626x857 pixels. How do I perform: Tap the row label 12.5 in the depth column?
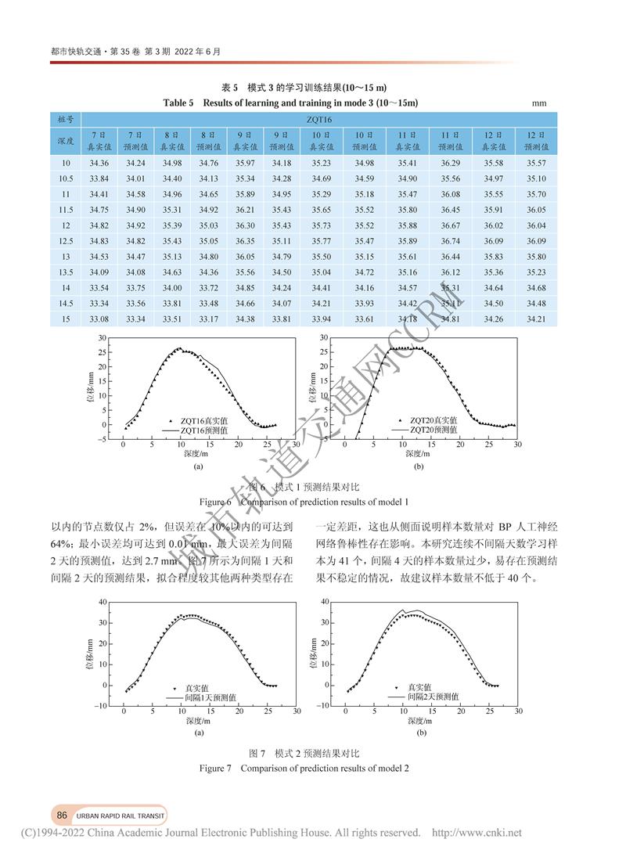(66, 241)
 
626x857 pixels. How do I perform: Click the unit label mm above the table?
(538, 103)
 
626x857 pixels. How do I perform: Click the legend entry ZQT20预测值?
(435, 430)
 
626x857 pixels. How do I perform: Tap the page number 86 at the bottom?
(61, 814)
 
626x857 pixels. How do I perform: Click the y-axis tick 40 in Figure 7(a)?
(103, 602)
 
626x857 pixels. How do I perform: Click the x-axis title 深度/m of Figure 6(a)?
(196, 453)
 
